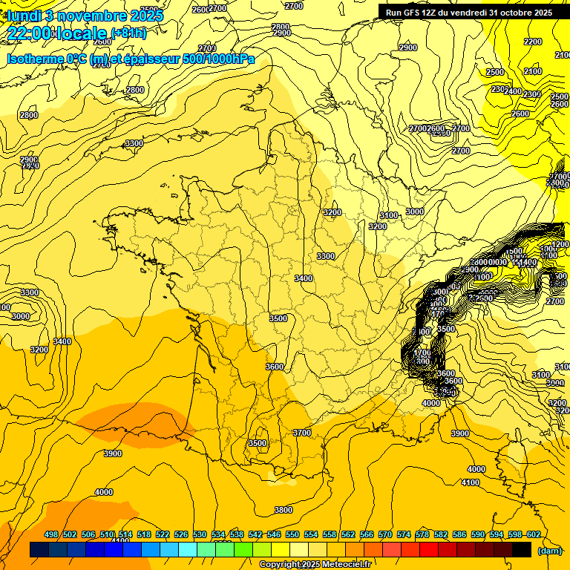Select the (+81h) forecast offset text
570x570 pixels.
(x=128, y=33)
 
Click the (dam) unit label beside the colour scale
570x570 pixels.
(x=549, y=550)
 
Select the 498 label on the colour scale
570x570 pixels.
(x=51, y=535)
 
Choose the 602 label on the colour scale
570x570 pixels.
(x=533, y=535)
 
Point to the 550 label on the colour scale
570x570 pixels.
(x=292, y=535)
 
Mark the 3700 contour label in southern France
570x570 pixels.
(x=301, y=433)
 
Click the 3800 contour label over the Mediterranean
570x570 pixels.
(x=283, y=510)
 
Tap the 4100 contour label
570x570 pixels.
(x=471, y=482)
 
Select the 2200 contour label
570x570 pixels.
(x=532, y=42)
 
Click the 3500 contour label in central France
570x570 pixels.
(x=278, y=318)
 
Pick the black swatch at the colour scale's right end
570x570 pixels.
(x=522, y=550)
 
